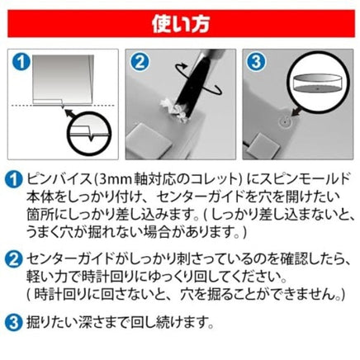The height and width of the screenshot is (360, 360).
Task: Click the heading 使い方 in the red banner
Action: click(181, 24)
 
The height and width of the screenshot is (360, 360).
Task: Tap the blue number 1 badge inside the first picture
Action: click(21, 62)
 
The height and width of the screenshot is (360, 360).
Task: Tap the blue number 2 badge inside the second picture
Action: click(140, 62)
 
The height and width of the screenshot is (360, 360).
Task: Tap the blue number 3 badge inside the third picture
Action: click(256, 62)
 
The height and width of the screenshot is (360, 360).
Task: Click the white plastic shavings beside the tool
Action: click(174, 111)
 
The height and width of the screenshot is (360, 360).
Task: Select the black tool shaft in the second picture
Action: click(194, 82)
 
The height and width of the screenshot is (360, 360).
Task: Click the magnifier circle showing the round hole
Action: click(318, 82)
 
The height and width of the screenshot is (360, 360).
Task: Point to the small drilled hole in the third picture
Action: click(286, 121)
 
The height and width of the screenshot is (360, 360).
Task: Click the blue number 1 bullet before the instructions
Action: click(13, 180)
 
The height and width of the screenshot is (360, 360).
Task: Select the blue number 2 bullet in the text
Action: click(13, 259)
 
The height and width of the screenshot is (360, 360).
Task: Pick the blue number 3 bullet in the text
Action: click(13, 323)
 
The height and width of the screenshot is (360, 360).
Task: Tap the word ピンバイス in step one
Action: click(59, 180)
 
